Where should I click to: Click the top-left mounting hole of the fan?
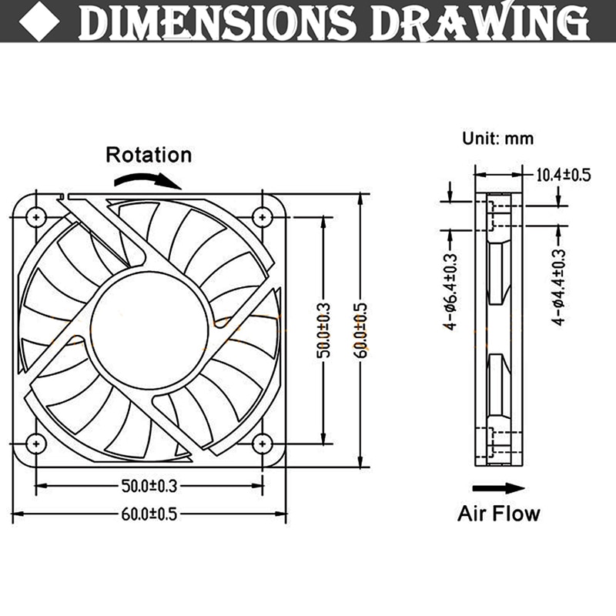[36, 217]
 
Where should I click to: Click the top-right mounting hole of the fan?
[263, 217]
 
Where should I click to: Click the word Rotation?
[148, 154]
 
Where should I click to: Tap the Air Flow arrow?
[497, 487]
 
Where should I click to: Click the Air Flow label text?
[499, 513]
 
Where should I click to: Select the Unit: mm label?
[497, 139]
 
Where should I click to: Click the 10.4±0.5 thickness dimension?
[562, 174]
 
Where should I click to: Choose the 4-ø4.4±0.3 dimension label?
[560, 285]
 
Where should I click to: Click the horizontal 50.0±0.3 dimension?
[149, 486]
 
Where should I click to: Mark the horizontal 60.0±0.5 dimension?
[149, 514]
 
